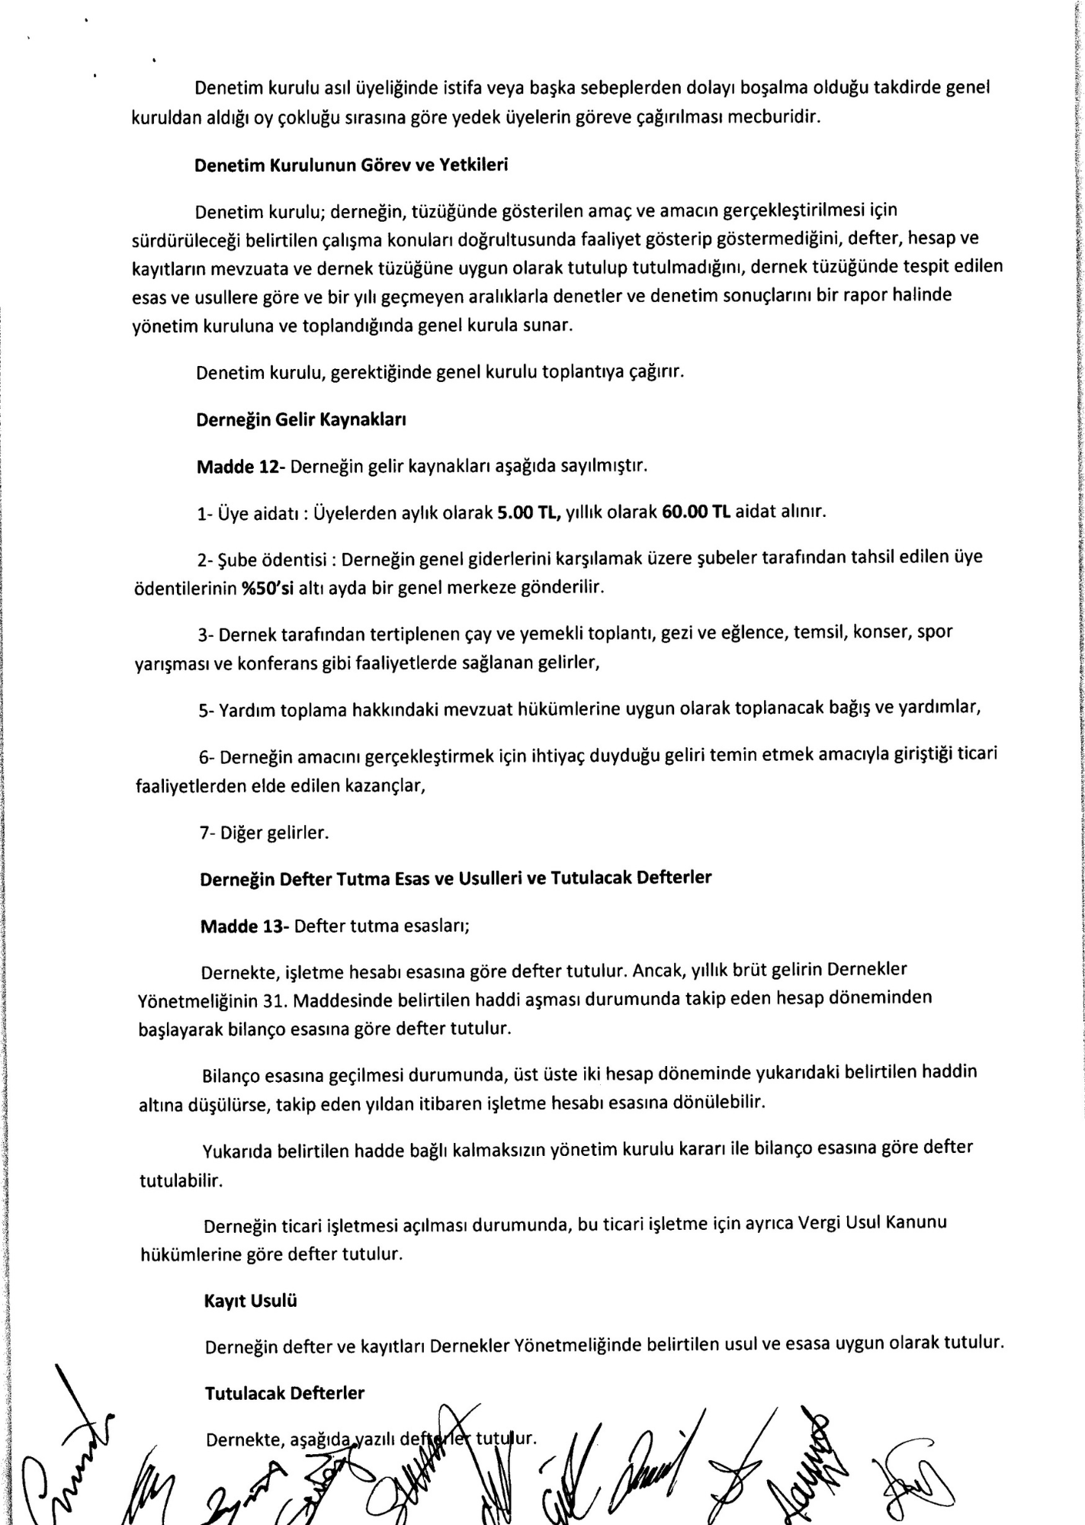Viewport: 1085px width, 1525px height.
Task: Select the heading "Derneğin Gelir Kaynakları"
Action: [300, 419]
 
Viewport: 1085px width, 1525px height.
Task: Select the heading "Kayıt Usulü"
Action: [250, 1302]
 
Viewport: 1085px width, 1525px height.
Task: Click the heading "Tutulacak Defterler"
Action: [284, 1393]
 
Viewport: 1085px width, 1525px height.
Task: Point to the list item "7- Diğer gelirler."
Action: [264, 833]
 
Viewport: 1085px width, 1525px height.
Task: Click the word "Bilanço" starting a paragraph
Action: [230, 1076]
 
